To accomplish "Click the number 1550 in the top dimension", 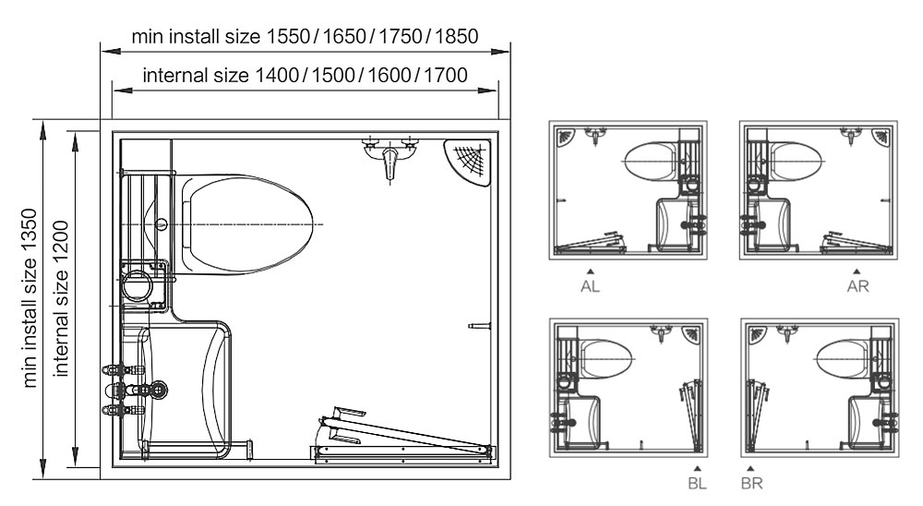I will (289, 37).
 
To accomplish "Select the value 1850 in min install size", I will (458, 37).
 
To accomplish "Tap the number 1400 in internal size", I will (277, 74).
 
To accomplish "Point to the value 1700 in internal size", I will (445, 74).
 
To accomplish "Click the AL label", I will (590, 286).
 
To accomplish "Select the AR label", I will (858, 286).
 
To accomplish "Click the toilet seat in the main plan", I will (247, 224).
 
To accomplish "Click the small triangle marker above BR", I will (751, 469).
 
